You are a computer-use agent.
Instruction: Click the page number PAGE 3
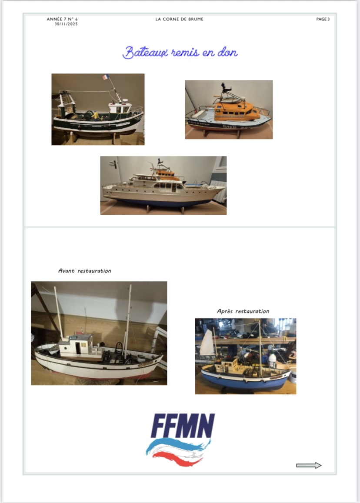point(323,19)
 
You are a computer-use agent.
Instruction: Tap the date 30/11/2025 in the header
point(66,24)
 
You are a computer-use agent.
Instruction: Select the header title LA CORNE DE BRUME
point(180,19)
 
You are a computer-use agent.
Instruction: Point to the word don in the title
point(227,52)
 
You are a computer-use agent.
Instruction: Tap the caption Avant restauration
point(85,271)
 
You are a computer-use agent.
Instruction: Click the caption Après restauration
point(243,311)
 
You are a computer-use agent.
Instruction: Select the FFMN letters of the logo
point(183,426)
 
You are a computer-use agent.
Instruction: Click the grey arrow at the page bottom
point(309,466)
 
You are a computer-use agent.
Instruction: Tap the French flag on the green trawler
point(106,77)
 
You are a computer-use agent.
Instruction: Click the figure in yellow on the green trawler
point(95,115)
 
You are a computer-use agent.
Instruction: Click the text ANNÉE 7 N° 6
point(62,19)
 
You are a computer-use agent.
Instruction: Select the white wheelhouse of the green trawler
point(120,108)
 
